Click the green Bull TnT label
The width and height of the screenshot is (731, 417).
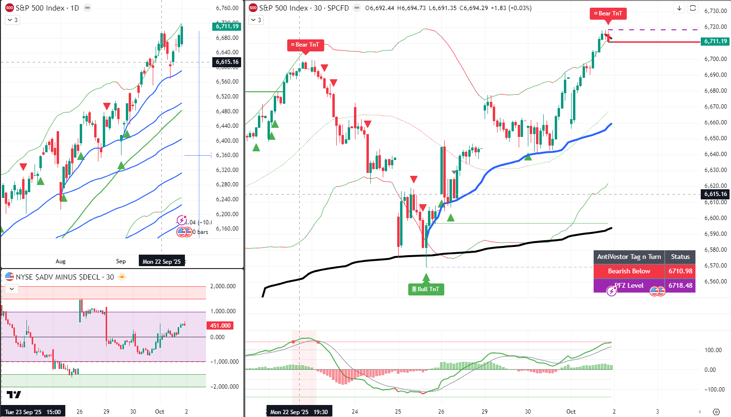pyautogui.click(x=426, y=289)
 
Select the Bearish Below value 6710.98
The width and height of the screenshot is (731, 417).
pyautogui.click(x=680, y=271)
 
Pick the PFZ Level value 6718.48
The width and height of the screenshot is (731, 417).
pyautogui.click(x=680, y=285)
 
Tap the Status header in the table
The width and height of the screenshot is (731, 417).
pyautogui.click(x=680, y=257)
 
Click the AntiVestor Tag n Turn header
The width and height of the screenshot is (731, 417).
pyautogui.click(x=629, y=257)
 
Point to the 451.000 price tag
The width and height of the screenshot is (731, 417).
pyautogui.click(x=220, y=325)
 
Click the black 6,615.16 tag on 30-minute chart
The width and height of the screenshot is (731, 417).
pyautogui.click(x=715, y=194)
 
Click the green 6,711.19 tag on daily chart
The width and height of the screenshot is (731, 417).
pyautogui.click(x=227, y=26)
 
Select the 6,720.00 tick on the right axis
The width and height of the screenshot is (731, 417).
pyautogui.click(x=715, y=27)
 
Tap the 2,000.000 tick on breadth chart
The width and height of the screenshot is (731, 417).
pyautogui.click(x=223, y=286)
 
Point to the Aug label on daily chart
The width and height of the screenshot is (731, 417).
pyautogui.click(x=61, y=261)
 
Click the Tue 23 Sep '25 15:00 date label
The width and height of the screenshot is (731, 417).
pyautogui.click(x=33, y=412)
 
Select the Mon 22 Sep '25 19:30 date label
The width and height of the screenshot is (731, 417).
pyautogui.click(x=299, y=412)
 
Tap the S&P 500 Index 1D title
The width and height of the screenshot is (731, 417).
pyautogui.click(x=47, y=8)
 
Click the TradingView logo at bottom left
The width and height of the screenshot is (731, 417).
pyautogui.click(x=14, y=395)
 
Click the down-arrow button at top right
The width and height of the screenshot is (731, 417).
pyautogui.click(x=679, y=8)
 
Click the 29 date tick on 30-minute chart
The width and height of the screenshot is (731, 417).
pyautogui.click(x=485, y=412)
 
